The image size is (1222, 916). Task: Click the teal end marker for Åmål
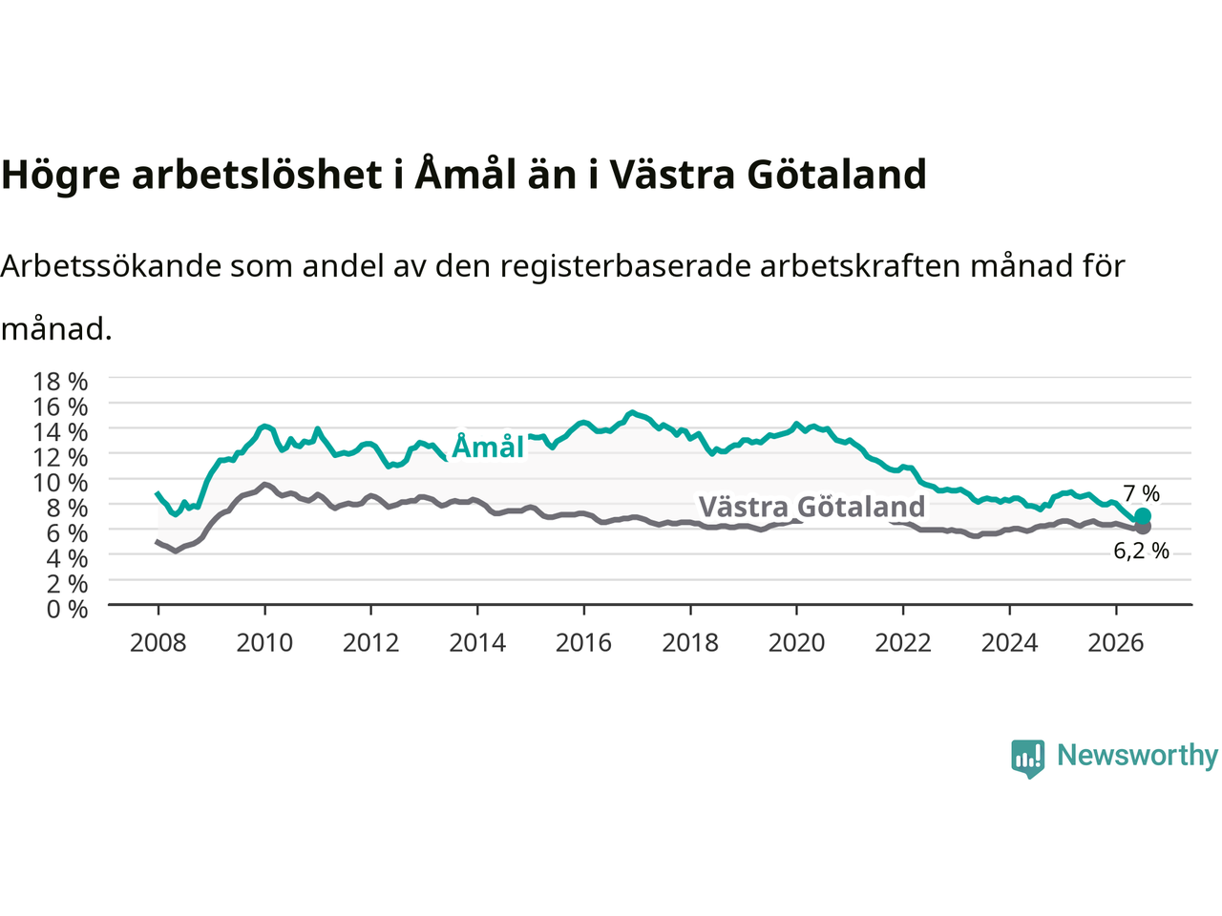pos(1143,515)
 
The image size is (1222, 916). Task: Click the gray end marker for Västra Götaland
pos(1143,526)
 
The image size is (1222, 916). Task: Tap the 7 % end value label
pos(1141,493)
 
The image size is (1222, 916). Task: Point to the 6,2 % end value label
pos(1141,551)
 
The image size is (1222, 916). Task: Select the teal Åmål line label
pos(488,446)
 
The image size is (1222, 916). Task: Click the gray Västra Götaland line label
pos(811,506)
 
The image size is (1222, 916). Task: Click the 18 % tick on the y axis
pos(60,382)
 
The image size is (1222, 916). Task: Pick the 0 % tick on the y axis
pos(68,609)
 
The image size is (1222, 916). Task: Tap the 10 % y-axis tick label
pos(60,483)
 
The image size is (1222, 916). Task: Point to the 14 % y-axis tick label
pos(60,432)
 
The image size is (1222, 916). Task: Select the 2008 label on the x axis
pos(158,643)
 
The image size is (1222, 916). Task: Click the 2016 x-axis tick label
pos(583,643)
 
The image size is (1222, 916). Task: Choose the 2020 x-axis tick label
pos(796,643)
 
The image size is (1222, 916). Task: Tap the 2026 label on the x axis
pos(1116,643)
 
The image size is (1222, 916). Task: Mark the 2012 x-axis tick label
pos(370,643)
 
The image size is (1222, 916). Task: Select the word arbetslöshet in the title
pos(257,174)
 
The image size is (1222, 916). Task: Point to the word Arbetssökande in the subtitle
pos(111,266)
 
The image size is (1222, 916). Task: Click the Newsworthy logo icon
pos(1027,759)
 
